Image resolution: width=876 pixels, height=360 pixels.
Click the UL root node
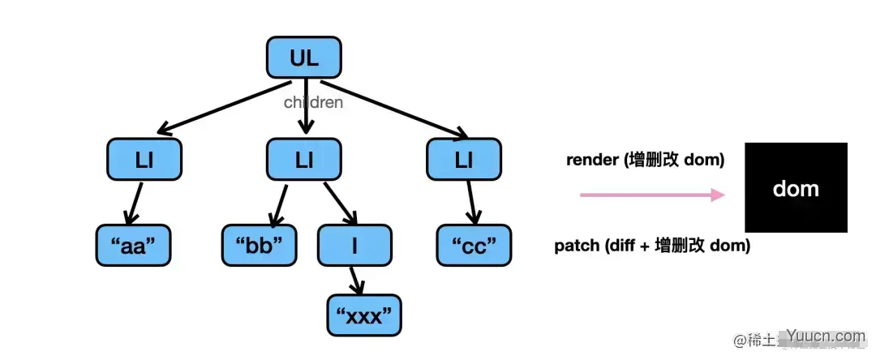click(304, 58)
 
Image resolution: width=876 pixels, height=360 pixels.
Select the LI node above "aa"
click(144, 160)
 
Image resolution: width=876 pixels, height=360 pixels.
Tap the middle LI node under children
click(304, 160)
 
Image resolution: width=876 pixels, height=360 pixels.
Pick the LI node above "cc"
click(464, 160)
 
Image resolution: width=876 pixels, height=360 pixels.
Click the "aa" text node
click(133, 246)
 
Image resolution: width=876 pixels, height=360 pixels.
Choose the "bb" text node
click(260, 246)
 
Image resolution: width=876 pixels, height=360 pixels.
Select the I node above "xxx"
click(354, 246)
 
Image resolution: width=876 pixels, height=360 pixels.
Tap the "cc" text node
click(474, 246)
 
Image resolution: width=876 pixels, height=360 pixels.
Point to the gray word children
click(313, 103)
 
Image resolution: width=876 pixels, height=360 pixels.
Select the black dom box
click(796, 188)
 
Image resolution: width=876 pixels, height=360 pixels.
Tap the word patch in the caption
click(576, 246)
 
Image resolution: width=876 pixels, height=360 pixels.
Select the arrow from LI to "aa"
click(135, 202)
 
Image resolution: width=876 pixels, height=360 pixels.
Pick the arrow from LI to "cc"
click(470, 202)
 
